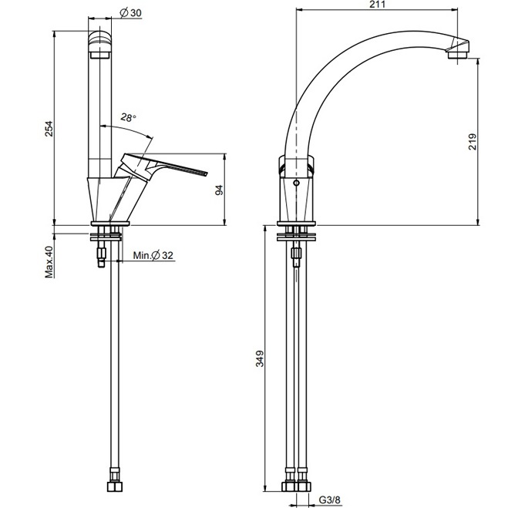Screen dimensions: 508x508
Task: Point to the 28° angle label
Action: [x=128, y=118]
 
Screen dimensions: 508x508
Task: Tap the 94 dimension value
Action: [x=219, y=190]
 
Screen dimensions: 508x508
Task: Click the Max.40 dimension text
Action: [x=48, y=262]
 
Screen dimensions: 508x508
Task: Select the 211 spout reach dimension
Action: [x=378, y=5]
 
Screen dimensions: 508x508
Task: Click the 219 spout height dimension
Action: [x=473, y=140]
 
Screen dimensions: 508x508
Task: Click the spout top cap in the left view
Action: [x=101, y=42]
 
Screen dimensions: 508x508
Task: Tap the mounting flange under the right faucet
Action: [x=297, y=231]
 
